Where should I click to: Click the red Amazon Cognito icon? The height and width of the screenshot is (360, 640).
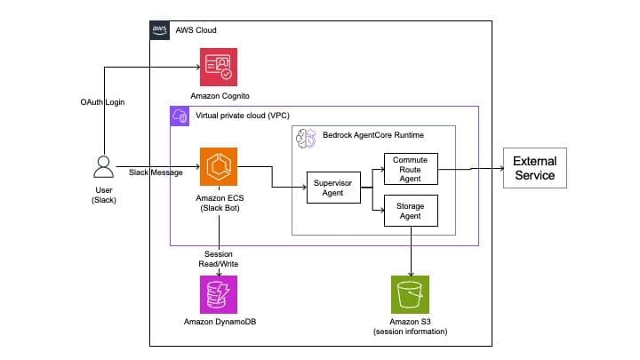coord(219,67)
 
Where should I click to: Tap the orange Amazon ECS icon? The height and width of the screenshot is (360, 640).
coord(219,166)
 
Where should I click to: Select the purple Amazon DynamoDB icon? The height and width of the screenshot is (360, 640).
coord(219,295)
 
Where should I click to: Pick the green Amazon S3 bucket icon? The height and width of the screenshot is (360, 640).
coord(410,295)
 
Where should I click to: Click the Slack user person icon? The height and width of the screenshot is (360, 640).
coord(104,166)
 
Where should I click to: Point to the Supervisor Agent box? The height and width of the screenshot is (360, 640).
coord(333,188)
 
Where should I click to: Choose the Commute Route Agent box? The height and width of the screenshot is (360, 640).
coord(411,169)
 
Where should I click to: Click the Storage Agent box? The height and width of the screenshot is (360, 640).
coord(411,211)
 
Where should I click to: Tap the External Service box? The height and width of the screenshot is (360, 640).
coord(535,168)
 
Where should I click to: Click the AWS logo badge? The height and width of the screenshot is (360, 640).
coord(160,30)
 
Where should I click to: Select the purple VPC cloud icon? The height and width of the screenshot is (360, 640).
coord(180,116)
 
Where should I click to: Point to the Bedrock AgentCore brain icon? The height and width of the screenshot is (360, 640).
coord(306,139)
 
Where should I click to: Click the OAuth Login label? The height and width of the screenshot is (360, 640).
coord(102,102)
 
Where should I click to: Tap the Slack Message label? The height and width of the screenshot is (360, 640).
coord(156,172)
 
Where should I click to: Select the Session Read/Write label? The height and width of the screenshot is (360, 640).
coord(219,259)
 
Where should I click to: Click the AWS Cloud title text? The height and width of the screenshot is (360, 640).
coord(196,30)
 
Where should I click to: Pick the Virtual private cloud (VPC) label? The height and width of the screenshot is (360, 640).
coord(243,116)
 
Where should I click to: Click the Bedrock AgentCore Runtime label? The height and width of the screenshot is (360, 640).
coord(373,135)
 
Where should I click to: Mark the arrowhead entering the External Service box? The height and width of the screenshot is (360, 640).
coord(501,168)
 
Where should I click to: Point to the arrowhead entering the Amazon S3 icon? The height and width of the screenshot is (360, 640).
coord(411,274)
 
